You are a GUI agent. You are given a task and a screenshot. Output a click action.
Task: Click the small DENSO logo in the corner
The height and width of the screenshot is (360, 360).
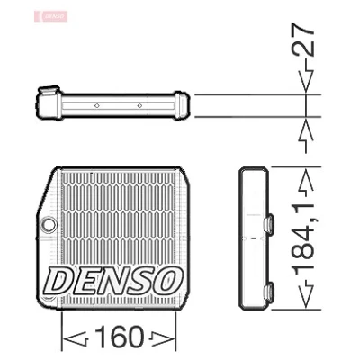tap(51, 16)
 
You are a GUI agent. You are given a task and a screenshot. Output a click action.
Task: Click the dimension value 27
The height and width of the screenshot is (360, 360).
tap(303, 39)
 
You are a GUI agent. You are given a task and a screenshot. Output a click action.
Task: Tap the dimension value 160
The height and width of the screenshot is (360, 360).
tap(119, 337)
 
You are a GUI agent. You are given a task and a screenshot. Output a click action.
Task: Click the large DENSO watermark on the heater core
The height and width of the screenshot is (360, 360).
tap(112, 281)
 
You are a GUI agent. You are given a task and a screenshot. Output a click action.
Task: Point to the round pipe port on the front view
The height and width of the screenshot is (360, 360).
tap(49, 224)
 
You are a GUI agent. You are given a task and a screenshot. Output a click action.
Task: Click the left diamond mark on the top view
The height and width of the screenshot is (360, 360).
tap(96, 105)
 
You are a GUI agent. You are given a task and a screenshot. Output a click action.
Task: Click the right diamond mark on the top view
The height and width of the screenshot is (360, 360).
tap(139, 105)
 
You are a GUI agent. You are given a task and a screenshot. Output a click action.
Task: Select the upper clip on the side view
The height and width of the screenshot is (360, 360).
tap(268, 223)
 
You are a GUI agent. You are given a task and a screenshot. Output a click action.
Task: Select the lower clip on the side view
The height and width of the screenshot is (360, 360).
tap(268, 291)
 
